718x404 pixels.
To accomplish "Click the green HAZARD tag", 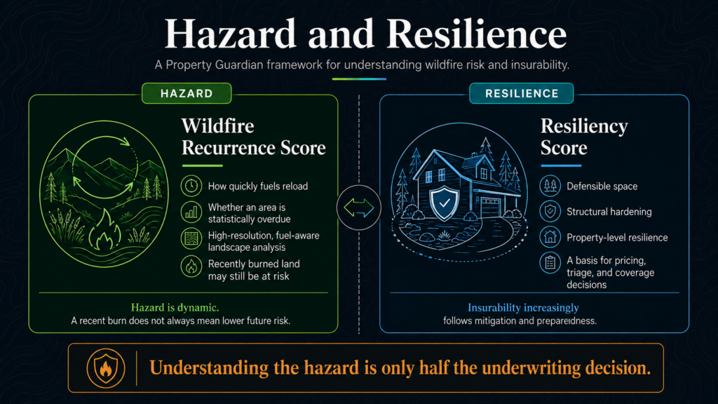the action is (x=187, y=93).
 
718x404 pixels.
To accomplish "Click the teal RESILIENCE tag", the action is (x=522, y=93).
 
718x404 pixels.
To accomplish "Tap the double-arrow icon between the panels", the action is (x=359, y=208).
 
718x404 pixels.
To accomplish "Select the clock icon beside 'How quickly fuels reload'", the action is (x=191, y=186).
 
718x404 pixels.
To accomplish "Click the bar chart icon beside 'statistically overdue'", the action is (x=191, y=213).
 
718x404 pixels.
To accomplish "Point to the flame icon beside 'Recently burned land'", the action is (x=191, y=266).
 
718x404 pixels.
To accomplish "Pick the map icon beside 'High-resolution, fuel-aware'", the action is (x=191, y=239).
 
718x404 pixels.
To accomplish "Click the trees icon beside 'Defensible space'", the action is (x=550, y=186).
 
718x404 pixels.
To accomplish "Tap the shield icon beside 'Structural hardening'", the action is (x=550, y=211).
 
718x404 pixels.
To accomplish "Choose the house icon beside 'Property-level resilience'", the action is (x=550, y=237).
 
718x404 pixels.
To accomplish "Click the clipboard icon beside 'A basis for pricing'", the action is (x=550, y=263).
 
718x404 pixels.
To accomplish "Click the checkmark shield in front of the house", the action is (x=444, y=203).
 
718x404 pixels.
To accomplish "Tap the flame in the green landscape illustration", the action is (x=105, y=230).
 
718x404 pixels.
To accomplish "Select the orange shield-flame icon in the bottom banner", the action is (x=106, y=368).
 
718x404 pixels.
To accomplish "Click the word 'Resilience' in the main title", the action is (x=477, y=34).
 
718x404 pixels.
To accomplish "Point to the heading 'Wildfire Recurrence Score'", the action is (x=254, y=137).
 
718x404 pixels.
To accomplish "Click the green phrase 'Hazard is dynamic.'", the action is (x=175, y=307).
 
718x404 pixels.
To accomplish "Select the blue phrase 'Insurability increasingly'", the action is (x=523, y=308).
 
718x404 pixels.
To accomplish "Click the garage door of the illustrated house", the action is (x=490, y=207).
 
